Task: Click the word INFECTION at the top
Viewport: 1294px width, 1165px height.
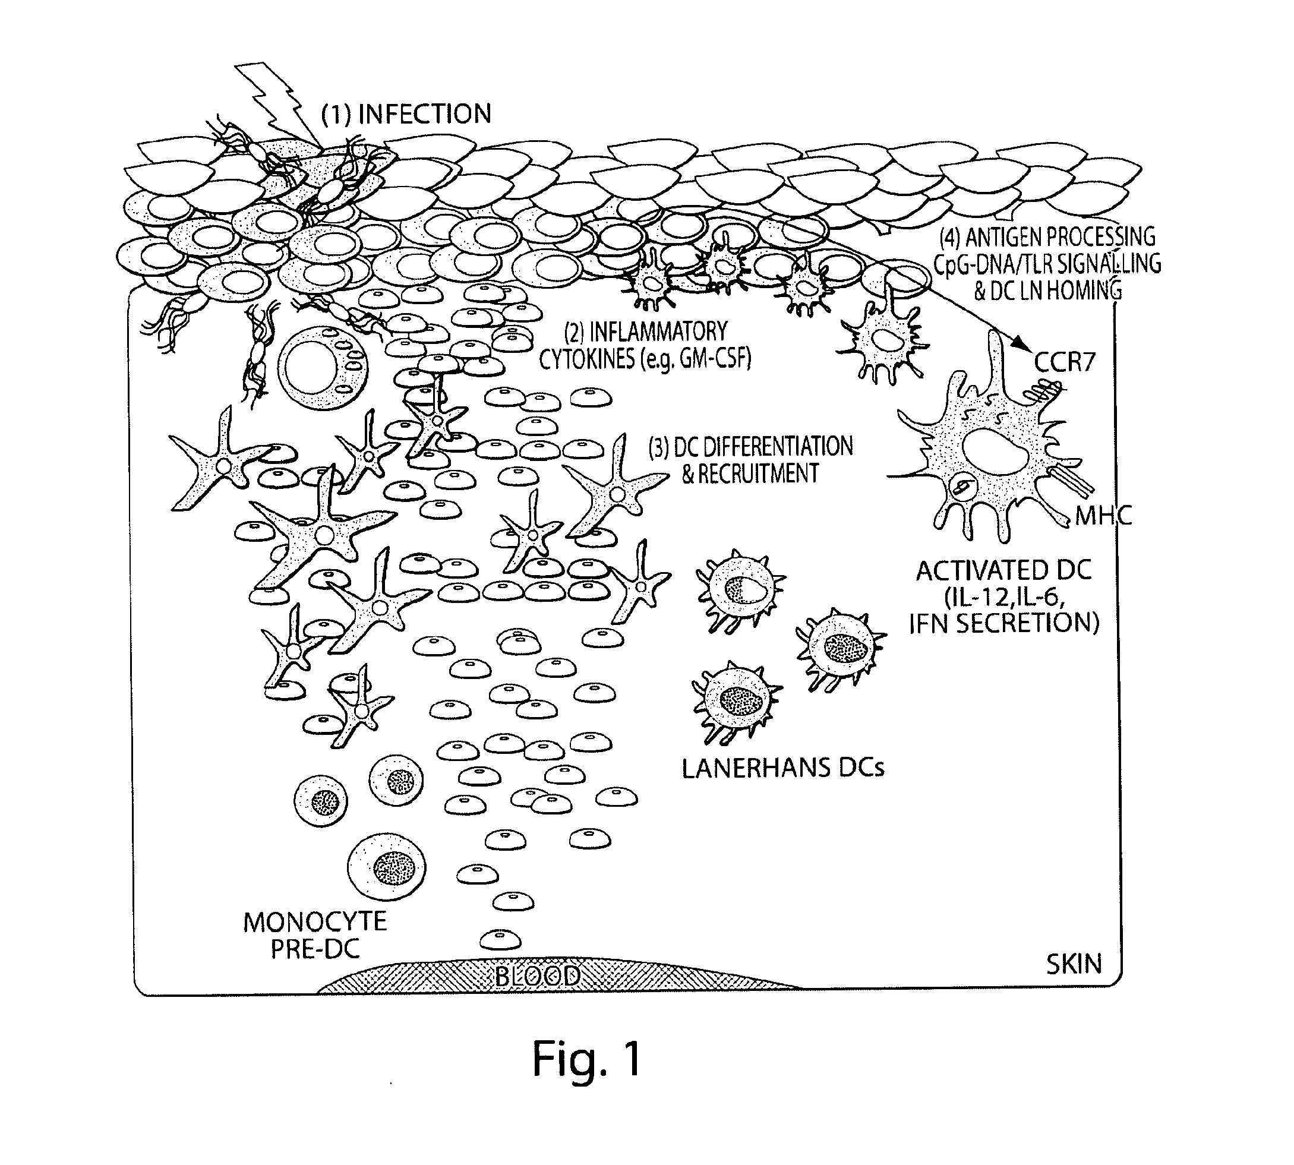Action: [x=425, y=114]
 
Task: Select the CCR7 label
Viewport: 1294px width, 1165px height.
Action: [x=1065, y=363]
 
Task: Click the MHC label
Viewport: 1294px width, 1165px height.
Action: [x=1104, y=516]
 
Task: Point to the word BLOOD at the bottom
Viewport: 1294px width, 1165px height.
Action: [x=538, y=976]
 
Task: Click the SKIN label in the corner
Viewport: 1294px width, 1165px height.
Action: [x=1074, y=964]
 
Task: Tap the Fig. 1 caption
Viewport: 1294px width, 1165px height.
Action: [x=587, y=1059]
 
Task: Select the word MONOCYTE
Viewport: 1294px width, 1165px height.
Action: [x=315, y=923]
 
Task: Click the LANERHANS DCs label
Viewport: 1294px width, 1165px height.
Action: [x=783, y=768]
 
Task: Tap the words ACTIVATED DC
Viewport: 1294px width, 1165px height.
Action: [x=1003, y=570]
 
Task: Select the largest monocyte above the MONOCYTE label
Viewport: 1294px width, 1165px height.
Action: [x=387, y=867]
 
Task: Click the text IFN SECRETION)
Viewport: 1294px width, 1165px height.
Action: [x=1004, y=623]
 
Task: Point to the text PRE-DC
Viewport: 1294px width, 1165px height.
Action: [x=315, y=949]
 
